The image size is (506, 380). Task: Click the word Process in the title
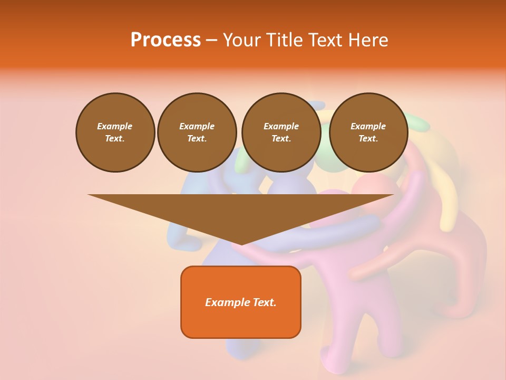166,40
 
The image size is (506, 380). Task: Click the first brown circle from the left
115,132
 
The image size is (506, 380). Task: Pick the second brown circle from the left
197,132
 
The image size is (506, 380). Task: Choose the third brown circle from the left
281,132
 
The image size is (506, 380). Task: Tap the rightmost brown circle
368,132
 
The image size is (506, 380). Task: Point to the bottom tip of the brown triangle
241,243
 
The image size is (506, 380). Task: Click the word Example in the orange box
227,302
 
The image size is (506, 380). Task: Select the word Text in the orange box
264,302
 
